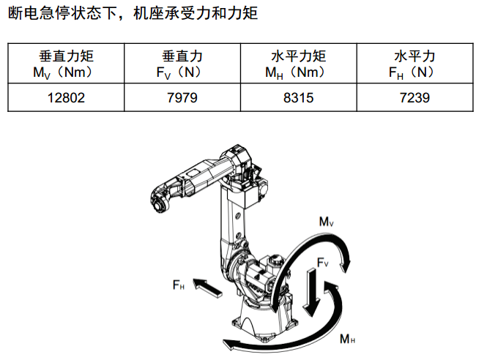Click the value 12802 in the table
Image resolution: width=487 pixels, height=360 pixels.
(x=66, y=98)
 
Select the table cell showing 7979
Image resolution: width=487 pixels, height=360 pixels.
(x=182, y=98)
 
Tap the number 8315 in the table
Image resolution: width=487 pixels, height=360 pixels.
(x=299, y=98)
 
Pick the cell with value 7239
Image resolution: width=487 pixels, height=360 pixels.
(x=415, y=98)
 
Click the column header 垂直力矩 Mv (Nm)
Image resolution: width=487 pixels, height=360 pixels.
(x=66, y=64)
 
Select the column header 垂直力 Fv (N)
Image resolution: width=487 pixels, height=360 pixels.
(x=182, y=64)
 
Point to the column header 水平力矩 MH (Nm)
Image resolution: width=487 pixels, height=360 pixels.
(x=299, y=64)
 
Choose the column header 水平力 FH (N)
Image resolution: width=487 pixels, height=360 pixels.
(x=415, y=64)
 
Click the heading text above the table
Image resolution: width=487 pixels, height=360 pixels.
(x=133, y=13)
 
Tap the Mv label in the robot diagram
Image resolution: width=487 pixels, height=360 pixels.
(x=326, y=222)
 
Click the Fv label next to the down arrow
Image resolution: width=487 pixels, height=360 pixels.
(x=323, y=263)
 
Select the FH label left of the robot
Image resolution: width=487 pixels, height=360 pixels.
(x=179, y=285)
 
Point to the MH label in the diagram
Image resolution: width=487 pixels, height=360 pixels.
(x=348, y=339)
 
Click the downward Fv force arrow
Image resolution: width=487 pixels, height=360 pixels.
(x=311, y=292)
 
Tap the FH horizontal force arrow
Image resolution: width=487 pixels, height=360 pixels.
(x=207, y=288)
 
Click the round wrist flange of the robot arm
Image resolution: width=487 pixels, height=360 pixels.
(x=160, y=205)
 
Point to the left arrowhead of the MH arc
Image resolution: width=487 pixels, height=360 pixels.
(x=229, y=344)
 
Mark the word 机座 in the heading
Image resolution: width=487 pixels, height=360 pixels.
(x=149, y=13)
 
